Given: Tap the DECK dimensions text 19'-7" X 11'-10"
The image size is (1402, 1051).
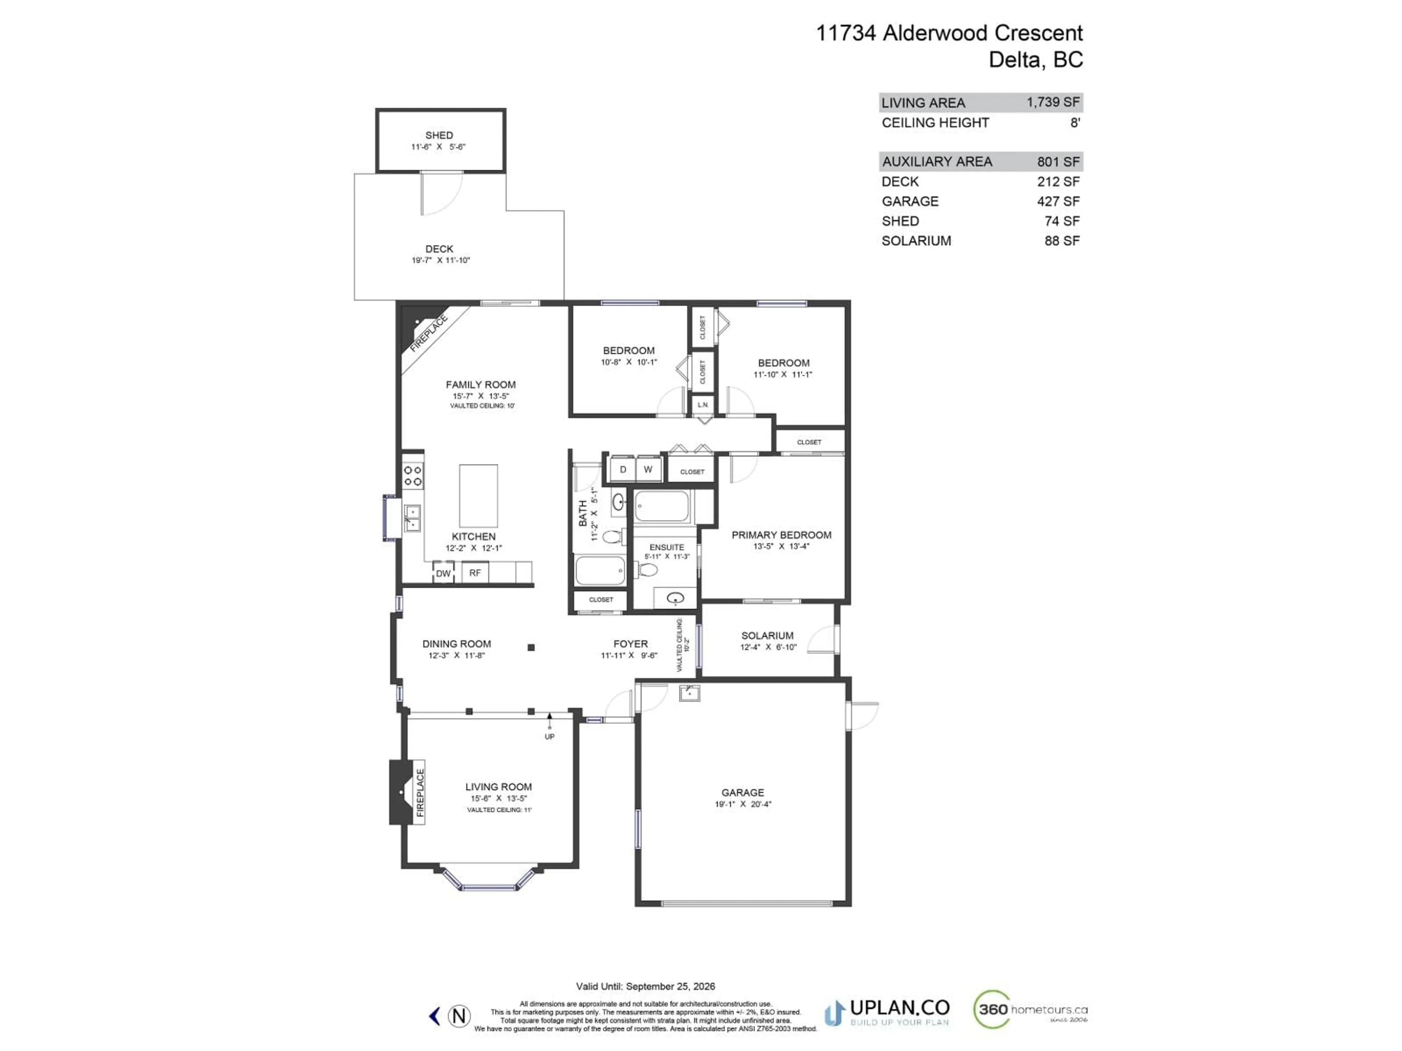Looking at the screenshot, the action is point(441,260).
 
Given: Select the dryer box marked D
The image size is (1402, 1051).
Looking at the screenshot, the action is point(623,469).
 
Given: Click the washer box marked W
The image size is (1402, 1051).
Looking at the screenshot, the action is point(648,469).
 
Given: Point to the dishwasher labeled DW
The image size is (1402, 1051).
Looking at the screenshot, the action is point(443,573).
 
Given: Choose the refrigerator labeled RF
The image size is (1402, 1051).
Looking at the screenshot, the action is point(475,572).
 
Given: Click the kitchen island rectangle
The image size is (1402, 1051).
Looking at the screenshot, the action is point(479,496).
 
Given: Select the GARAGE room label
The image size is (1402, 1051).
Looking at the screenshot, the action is point(743,793).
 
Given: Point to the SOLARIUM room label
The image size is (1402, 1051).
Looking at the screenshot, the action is point(767,635).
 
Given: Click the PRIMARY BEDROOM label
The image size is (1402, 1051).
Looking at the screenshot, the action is point(781,535).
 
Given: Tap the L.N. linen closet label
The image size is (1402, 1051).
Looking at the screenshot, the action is point(703,405).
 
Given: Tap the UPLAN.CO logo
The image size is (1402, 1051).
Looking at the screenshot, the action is point(887,1012).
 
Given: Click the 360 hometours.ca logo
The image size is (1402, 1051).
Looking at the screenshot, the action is point(1031,1009).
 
